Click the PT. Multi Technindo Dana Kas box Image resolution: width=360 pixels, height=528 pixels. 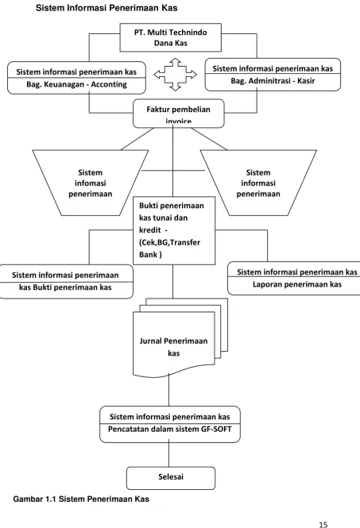[x=171, y=37]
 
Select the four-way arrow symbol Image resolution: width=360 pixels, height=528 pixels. [x=176, y=75]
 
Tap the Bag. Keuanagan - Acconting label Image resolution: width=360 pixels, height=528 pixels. [x=76, y=84]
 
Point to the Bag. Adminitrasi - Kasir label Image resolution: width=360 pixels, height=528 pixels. [x=273, y=81]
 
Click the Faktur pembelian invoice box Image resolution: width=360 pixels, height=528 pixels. [x=179, y=114]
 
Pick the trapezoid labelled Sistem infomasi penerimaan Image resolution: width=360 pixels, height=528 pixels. [x=91, y=183]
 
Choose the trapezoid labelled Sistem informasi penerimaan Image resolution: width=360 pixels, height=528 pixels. [x=258, y=183]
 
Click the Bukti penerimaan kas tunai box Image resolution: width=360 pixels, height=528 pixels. [x=174, y=230]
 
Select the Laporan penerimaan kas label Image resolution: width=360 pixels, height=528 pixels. [x=297, y=284]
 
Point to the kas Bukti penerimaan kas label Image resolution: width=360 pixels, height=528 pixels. [x=65, y=287]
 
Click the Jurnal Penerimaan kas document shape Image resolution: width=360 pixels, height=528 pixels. [x=174, y=344]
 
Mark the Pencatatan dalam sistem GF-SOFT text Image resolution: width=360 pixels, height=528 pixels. [x=170, y=430]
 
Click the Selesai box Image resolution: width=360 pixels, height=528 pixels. [x=171, y=478]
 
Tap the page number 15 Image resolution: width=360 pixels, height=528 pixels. [x=323, y=524]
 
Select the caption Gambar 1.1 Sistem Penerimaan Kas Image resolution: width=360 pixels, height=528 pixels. [x=81, y=499]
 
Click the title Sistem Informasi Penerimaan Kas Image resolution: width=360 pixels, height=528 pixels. [x=106, y=8]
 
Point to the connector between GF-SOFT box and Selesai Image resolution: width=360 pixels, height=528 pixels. [x=169, y=455]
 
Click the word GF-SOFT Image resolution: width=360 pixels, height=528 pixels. [x=215, y=430]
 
